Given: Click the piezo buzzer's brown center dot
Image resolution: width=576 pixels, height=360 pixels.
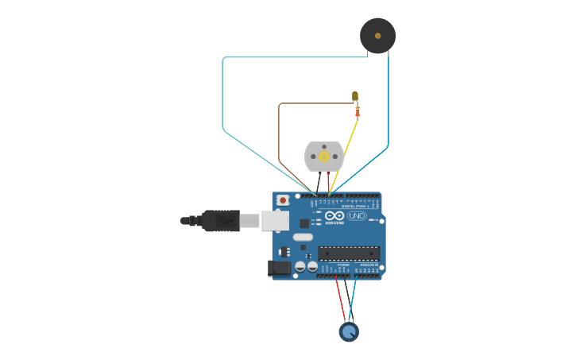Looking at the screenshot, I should pos(377,36).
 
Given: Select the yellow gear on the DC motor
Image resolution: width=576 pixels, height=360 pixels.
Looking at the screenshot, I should pos(324,157).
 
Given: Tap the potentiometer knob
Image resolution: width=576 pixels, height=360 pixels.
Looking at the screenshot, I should pos(349,331).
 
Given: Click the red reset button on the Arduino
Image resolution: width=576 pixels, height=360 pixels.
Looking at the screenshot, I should pos(283,200).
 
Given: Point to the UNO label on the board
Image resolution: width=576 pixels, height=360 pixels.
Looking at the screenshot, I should pos(357,215).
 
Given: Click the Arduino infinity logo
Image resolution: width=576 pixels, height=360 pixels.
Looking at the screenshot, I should pos(334,215).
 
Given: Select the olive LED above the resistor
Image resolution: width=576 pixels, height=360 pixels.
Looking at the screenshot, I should pos(355,95).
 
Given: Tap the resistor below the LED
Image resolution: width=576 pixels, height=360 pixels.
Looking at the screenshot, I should pos(358,111).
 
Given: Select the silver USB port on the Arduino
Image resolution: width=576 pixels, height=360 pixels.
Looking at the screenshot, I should pos(275,220).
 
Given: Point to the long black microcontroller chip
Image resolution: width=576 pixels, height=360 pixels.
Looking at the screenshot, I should pos(349,254).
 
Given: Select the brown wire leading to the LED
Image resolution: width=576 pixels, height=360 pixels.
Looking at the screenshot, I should pos(279,143).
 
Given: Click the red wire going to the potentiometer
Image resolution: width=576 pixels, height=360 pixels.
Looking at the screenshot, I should pos(340,299).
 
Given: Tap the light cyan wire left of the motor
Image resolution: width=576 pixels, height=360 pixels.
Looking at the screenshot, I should pos(222,95).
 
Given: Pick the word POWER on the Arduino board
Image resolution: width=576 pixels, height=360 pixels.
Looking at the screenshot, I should pos(343,265).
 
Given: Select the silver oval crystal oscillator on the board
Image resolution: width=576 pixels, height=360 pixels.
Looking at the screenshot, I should pos(303,237).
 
